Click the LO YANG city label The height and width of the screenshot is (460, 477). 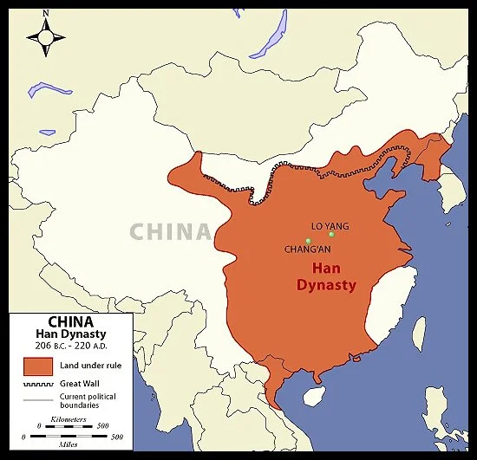[330, 226]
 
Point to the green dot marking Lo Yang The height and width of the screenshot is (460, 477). [331, 235]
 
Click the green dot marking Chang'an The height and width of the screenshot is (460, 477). [308, 240]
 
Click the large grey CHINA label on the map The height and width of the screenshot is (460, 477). [172, 232]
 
